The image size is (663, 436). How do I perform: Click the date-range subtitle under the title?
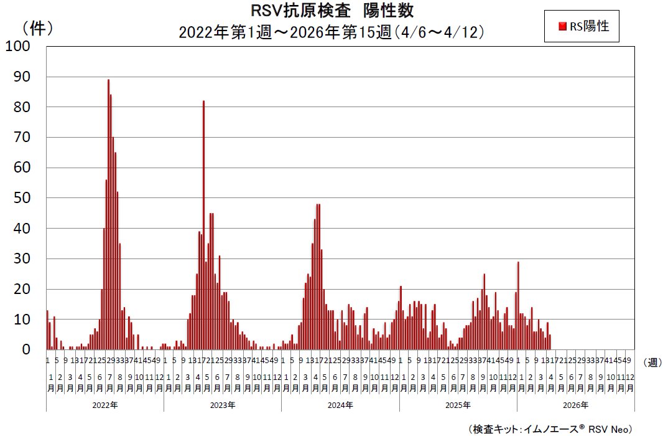coord(331,31)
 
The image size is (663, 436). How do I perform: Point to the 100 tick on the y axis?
coord(18,47)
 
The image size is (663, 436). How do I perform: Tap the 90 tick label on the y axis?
coord(22,77)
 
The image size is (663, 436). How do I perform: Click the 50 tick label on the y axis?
coord(22,198)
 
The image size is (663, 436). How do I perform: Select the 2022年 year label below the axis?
coord(104,405)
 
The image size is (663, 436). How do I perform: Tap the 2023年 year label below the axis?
coord(222,405)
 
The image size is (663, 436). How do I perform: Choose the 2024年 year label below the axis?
coord(340,405)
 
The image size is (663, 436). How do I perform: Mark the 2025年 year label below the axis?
coord(458,405)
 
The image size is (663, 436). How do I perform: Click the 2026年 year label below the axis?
coord(575,405)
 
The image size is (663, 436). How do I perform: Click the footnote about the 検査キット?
coord(550,429)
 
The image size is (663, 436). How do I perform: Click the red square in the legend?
coord(562,26)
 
